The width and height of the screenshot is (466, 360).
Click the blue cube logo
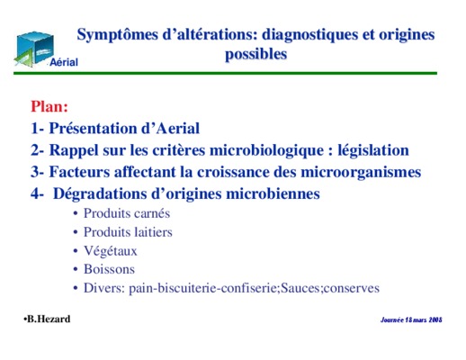(x=34, y=49)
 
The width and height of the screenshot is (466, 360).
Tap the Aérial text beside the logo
(x=64, y=62)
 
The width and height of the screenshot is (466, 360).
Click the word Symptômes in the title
(x=118, y=35)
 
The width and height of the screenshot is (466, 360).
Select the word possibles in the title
(x=256, y=55)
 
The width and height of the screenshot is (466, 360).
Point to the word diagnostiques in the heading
(x=310, y=35)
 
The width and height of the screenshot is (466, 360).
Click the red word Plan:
(x=49, y=106)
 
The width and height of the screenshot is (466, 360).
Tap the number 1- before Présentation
(x=38, y=129)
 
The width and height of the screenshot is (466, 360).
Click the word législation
(x=373, y=150)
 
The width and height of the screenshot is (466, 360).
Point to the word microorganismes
(x=361, y=173)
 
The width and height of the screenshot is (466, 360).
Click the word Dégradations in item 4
(x=100, y=194)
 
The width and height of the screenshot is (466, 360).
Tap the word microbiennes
(x=273, y=193)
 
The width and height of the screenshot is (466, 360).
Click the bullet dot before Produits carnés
(x=76, y=214)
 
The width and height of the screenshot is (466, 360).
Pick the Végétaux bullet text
(x=111, y=251)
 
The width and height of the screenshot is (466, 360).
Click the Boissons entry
(x=109, y=269)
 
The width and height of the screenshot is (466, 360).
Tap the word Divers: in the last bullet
(x=104, y=288)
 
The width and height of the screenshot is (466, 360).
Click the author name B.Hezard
(x=49, y=319)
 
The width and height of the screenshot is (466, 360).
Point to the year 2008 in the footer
(x=435, y=319)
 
